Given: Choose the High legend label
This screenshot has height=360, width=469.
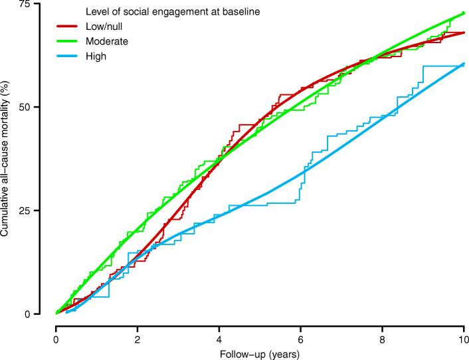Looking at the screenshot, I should [96, 56].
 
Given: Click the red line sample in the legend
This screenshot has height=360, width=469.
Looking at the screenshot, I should [68, 27].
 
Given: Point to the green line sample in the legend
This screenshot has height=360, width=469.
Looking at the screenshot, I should [68, 42].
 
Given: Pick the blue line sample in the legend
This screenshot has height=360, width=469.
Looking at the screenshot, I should [68, 56].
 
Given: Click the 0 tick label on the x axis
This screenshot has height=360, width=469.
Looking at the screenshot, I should [56, 340].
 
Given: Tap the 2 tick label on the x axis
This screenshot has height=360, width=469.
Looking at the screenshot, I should [138, 340].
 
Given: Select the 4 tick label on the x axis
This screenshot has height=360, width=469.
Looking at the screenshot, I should [219, 340].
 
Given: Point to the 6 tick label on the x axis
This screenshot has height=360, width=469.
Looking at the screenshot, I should [301, 340].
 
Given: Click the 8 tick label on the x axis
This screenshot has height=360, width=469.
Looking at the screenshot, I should [382, 340].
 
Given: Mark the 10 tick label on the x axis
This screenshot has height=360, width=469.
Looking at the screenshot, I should [463, 340].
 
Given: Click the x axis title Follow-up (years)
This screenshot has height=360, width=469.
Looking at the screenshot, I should [260, 353].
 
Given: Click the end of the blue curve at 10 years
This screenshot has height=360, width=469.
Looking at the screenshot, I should [463, 64].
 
